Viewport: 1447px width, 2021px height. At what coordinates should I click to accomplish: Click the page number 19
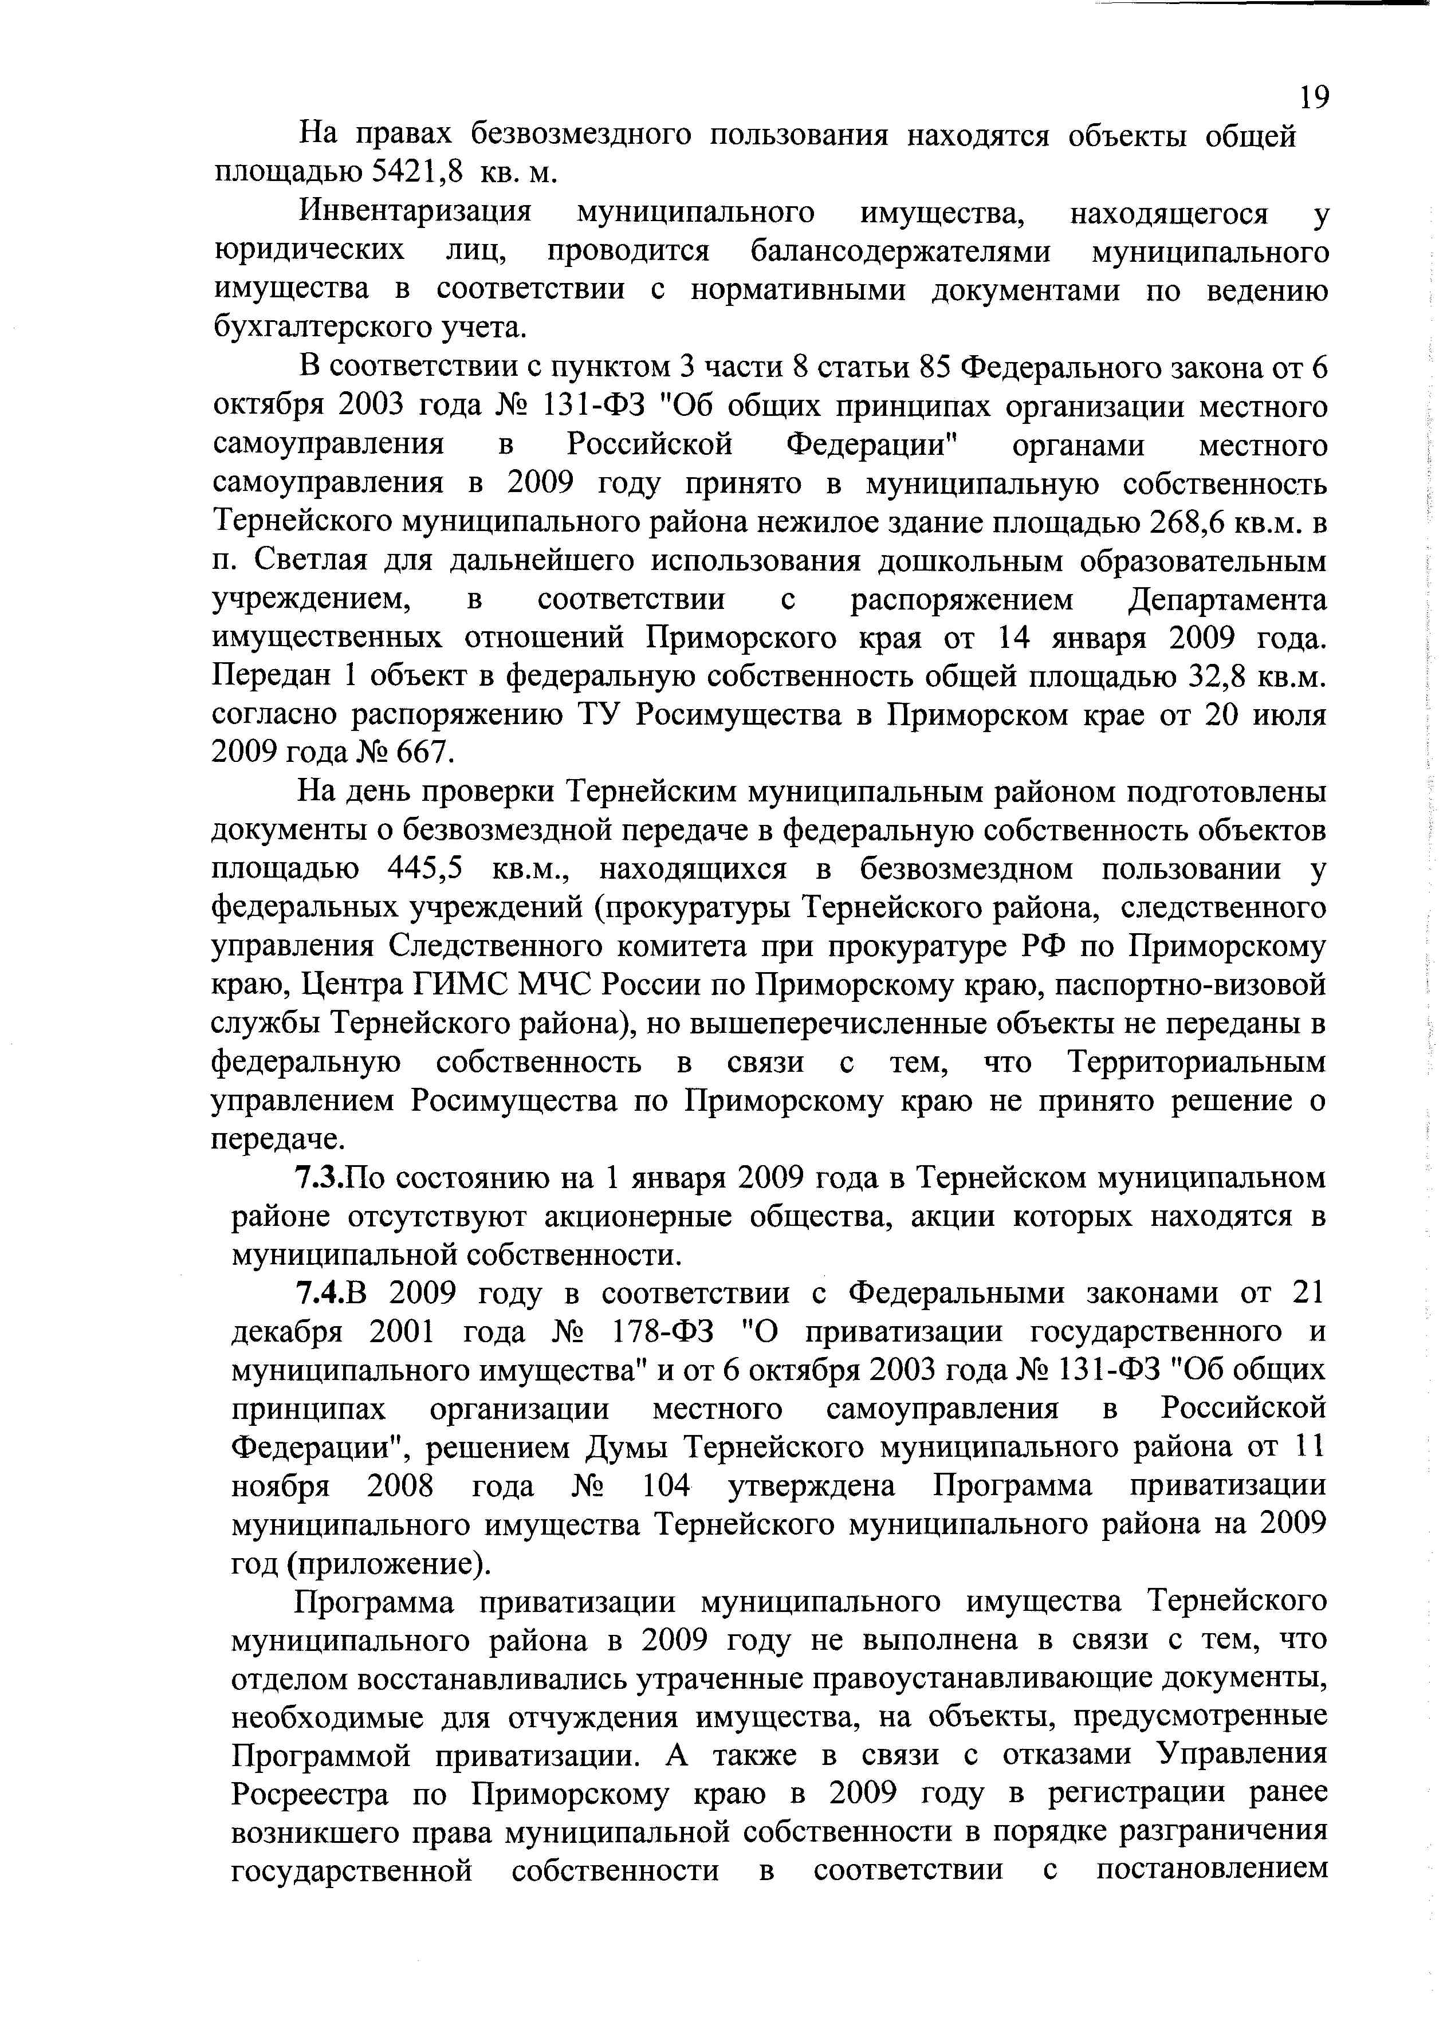click(1314, 96)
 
